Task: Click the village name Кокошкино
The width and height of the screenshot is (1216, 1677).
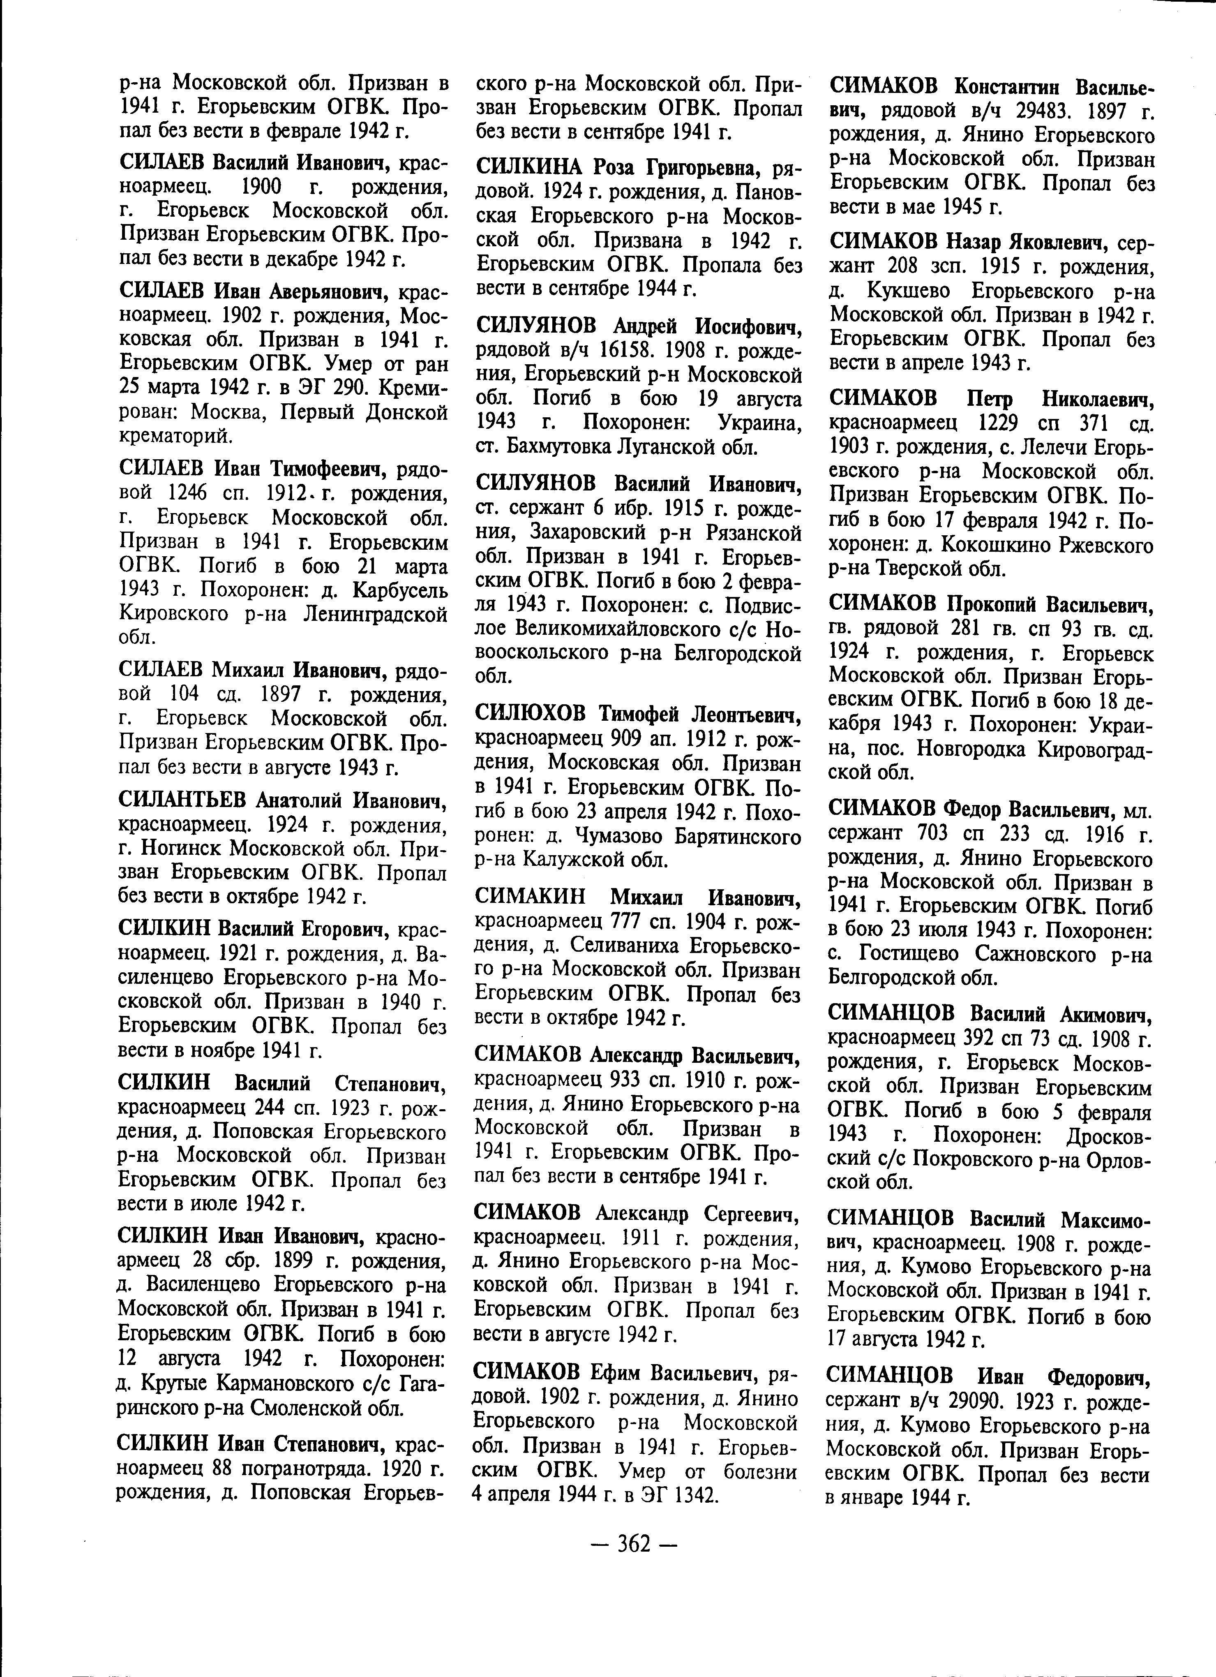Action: point(1016,546)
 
